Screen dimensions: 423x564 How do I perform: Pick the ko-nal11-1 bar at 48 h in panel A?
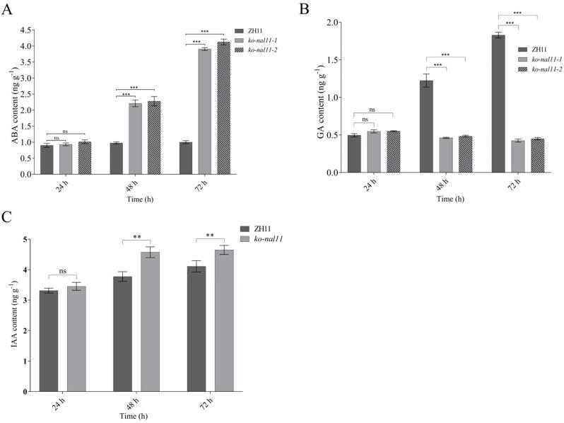[x=135, y=139]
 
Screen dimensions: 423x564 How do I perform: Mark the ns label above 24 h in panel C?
[x=62, y=270]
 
